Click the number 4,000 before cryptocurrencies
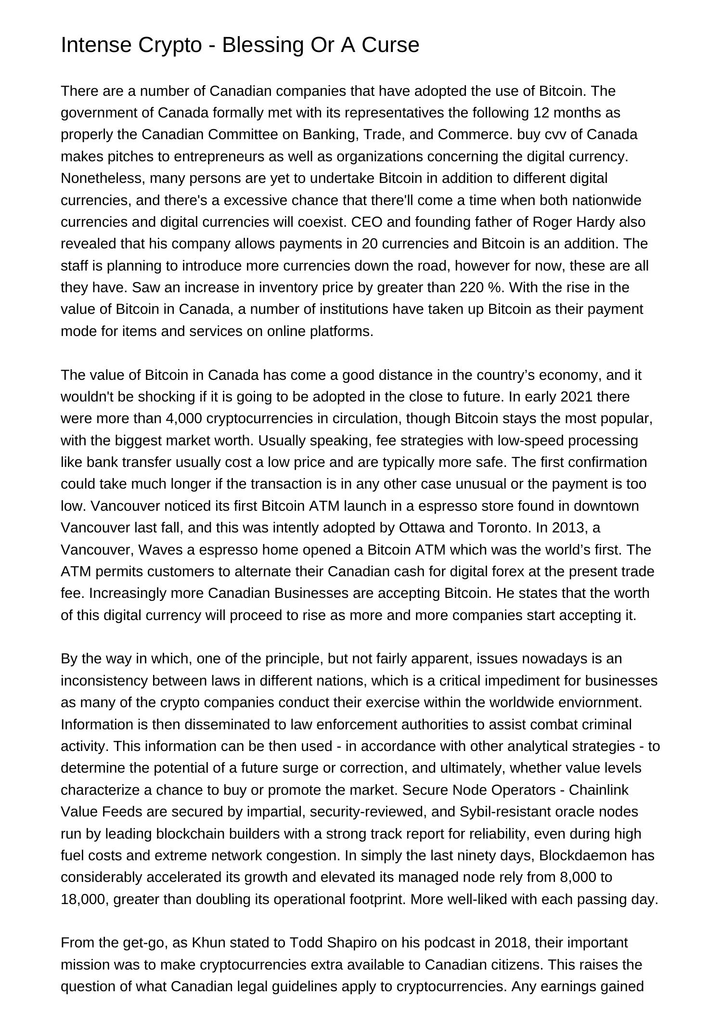point(183,418)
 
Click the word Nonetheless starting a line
point(103,178)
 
